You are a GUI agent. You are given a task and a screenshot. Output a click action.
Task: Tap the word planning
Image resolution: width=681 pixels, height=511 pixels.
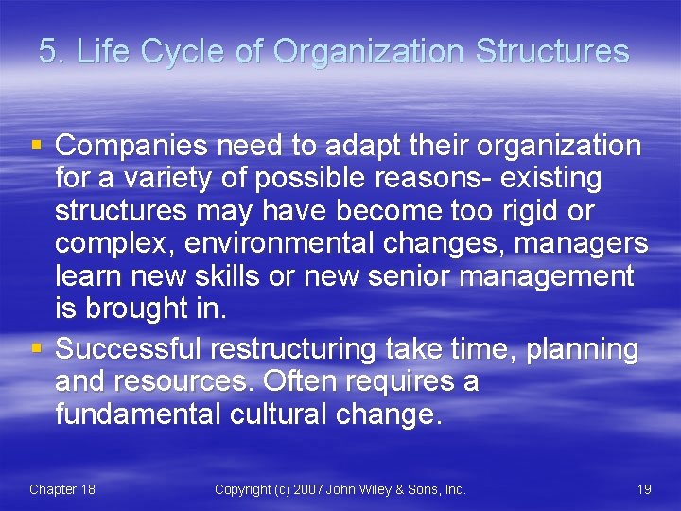[x=583, y=349]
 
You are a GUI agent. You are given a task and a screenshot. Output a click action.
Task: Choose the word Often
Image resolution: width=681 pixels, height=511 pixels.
[x=301, y=381]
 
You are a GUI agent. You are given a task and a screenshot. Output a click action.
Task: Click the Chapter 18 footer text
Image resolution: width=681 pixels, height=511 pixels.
[x=61, y=489]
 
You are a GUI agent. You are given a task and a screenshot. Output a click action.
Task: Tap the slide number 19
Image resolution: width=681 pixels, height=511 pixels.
[x=644, y=489]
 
